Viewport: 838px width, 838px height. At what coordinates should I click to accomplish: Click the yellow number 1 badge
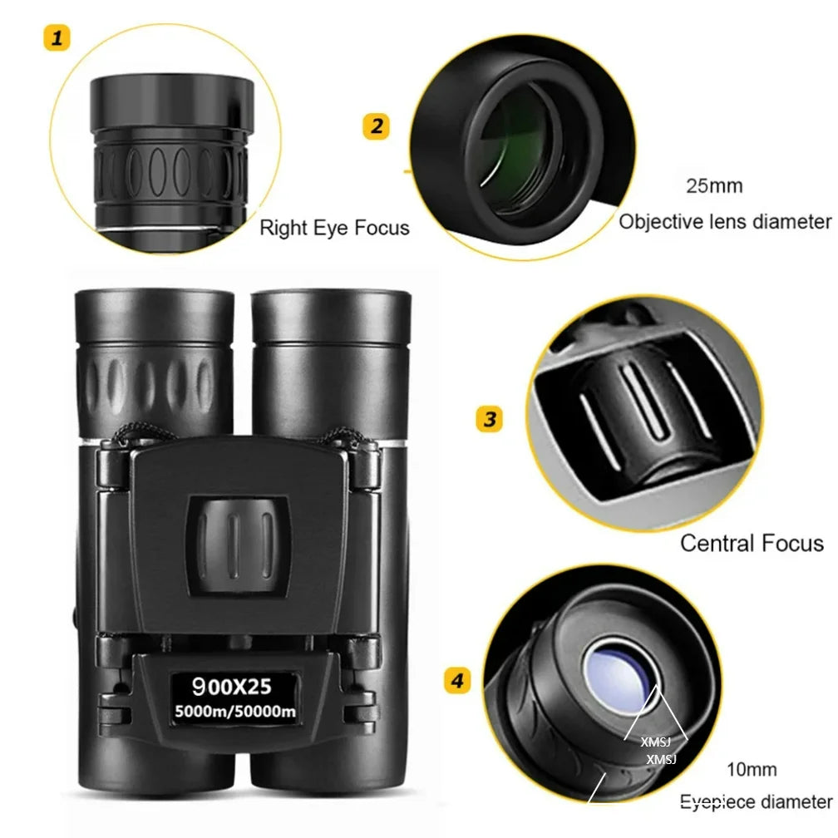click(57, 37)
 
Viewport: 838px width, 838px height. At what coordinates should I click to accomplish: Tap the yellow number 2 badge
click(377, 126)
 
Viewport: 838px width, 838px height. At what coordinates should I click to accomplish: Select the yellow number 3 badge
click(489, 419)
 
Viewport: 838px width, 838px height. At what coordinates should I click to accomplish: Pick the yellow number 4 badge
click(457, 681)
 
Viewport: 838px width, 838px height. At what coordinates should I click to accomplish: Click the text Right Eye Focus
click(334, 227)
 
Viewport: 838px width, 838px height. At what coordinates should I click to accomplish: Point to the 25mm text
click(714, 185)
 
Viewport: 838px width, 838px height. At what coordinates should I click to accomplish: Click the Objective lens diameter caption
click(725, 221)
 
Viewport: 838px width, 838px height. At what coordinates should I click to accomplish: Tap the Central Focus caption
click(752, 543)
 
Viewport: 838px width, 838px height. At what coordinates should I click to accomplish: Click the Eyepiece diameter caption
click(756, 801)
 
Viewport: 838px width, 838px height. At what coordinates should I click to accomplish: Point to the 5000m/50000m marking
click(235, 711)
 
